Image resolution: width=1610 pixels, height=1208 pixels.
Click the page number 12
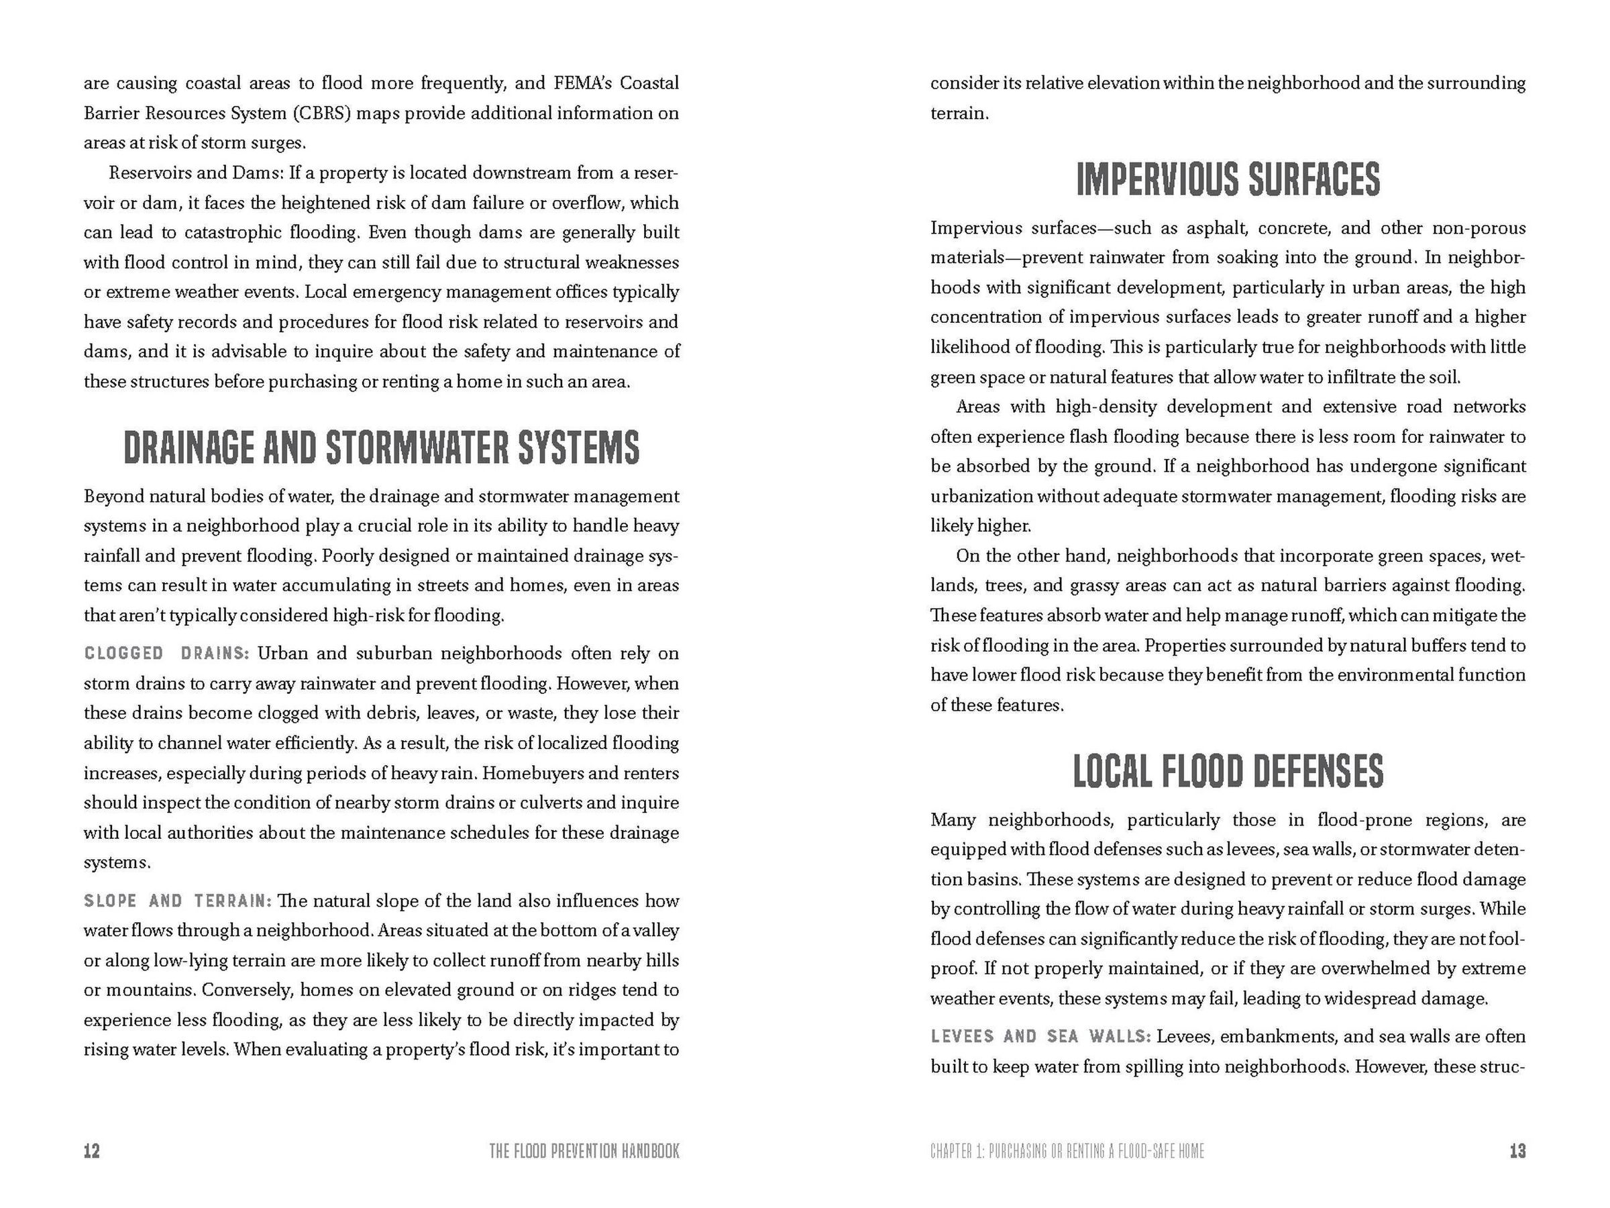pos(92,1151)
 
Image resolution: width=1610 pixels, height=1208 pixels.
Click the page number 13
pos(1517,1151)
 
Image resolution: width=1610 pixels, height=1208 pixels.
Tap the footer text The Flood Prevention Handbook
pos(584,1151)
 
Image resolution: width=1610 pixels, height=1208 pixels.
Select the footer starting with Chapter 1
pos(1067,1151)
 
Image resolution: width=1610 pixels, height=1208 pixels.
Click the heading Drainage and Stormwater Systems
pos(382,448)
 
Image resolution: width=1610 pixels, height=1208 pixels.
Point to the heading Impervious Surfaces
pos(1228,179)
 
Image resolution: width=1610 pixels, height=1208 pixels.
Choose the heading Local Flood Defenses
pos(1228,771)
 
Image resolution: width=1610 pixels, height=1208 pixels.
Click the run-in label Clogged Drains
pos(166,653)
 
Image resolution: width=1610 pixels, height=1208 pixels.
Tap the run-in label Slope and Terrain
pos(178,901)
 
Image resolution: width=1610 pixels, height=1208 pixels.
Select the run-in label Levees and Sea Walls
pos(1040,1036)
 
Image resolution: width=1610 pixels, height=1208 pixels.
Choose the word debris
pos(394,713)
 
